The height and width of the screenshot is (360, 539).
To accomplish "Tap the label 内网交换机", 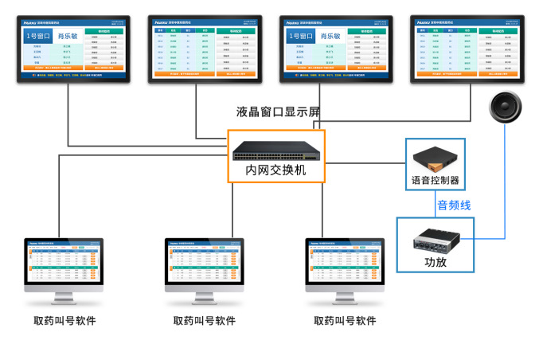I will tap(275, 170).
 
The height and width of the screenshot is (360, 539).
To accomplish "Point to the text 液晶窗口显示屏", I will tap(278, 112).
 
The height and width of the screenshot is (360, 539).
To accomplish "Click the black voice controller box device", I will tap(435, 156).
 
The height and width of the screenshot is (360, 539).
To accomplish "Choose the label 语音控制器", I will tap(435, 180).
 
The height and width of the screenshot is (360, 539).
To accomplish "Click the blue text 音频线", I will tap(453, 205).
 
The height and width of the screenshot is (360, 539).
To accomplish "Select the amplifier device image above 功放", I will tap(435, 237).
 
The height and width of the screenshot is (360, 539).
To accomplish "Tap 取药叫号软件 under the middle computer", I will tap(205, 321).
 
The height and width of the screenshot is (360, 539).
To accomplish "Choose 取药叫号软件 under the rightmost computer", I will tap(346, 321).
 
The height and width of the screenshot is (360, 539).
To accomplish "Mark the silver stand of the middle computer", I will tap(204, 299).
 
